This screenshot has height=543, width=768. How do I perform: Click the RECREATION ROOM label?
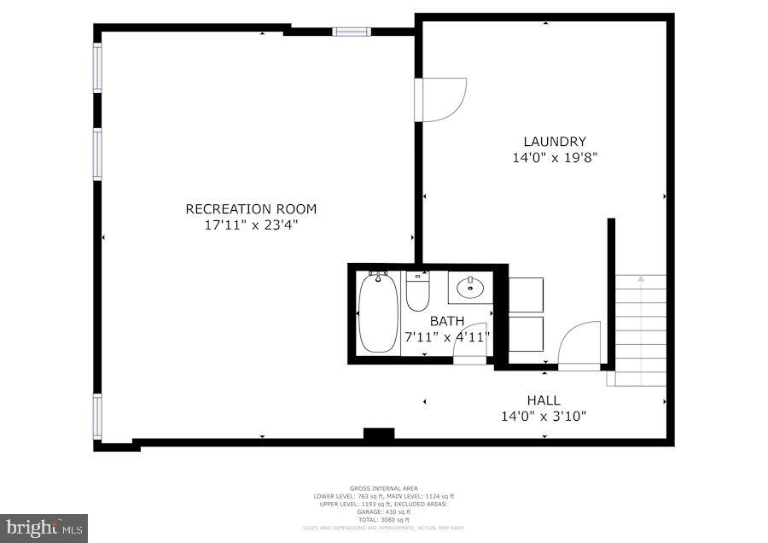point(251,208)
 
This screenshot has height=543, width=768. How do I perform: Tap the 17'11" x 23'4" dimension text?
point(251,225)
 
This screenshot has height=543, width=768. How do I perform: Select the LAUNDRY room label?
point(554,141)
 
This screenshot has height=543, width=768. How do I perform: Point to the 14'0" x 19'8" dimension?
point(554,157)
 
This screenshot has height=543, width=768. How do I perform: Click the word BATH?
point(446,321)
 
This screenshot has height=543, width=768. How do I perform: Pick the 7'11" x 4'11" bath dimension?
point(446,336)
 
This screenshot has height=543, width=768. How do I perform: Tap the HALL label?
point(543,400)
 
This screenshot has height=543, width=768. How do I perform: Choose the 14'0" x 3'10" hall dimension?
point(543,417)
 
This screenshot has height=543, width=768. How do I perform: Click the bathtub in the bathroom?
point(378,312)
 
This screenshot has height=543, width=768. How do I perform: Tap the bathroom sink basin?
point(470,288)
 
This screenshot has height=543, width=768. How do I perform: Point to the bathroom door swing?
point(470,344)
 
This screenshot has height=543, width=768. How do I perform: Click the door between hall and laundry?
point(579,346)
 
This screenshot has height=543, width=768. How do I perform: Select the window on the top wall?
point(351,32)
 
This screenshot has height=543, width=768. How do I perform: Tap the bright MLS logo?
point(44,528)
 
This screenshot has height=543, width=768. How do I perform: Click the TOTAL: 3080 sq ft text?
point(384,519)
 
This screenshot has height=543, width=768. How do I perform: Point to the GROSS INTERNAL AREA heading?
point(384,488)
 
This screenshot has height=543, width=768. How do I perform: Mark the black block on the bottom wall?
point(379,435)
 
